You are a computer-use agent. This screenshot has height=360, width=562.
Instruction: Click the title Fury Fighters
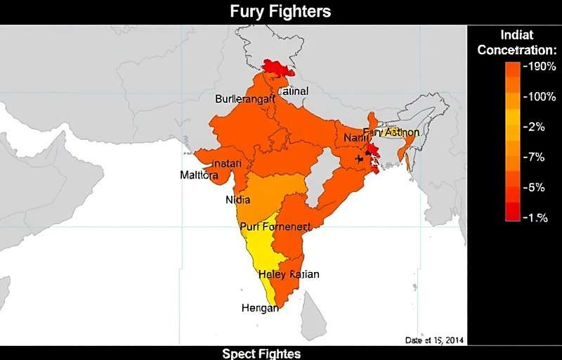[x=280, y=11]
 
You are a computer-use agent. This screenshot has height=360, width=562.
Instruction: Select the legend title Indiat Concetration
[x=516, y=42]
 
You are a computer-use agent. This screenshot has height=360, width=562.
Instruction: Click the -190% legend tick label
[x=541, y=67]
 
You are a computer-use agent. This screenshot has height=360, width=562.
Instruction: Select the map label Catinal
[x=293, y=91]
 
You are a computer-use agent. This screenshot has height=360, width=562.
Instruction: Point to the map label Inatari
[x=227, y=164]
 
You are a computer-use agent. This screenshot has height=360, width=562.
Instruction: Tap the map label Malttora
[x=199, y=175]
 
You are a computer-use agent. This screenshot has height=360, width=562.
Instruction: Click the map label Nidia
[x=237, y=200]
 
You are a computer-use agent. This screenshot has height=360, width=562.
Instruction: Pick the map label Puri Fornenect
[x=275, y=226]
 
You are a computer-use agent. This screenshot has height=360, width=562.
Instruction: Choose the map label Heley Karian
[x=289, y=274]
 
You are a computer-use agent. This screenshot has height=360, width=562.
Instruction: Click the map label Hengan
[x=260, y=308]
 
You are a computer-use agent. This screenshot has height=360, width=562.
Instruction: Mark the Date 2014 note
[x=433, y=340]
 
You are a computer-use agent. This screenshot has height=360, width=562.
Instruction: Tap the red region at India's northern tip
[x=278, y=67]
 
